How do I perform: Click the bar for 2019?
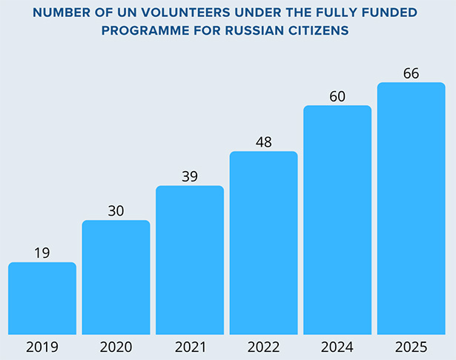click(42, 299)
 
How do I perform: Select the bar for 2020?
click(116, 278)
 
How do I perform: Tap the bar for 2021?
click(190, 260)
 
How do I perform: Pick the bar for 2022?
click(263, 243)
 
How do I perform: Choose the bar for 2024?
click(337, 220)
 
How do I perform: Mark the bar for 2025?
click(411, 208)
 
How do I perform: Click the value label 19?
click(42, 253)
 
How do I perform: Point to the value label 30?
click(116, 210)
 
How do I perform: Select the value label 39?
click(190, 176)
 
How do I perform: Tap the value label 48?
click(263, 141)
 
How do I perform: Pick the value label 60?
click(337, 96)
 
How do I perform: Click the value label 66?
click(411, 73)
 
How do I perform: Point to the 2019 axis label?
click(42, 346)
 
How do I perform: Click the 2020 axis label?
click(116, 346)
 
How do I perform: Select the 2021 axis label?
click(190, 346)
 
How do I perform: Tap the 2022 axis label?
click(263, 346)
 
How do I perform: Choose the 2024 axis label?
click(337, 346)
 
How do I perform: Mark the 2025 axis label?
click(411, 346)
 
